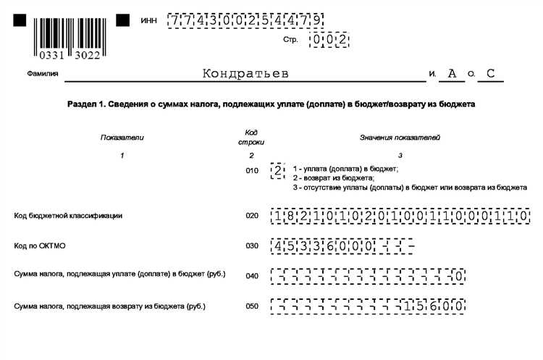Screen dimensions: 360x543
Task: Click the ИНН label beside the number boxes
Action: tap(148, 20)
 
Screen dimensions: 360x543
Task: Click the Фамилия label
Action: tap(43, 74)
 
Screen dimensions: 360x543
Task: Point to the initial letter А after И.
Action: tap(452, 73)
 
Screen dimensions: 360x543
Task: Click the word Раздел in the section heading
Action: tap(83, 105)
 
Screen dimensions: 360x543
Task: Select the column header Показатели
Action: tap(122, 137)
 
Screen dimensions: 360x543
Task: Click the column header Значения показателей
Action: tap(400, 137)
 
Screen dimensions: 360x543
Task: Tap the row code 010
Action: tap(251, 171)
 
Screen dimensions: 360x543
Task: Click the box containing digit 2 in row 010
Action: tap(277, 171)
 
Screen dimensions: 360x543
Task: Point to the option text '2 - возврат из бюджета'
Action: tap(334, 177)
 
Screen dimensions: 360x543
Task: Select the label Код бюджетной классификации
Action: tap(69, 215)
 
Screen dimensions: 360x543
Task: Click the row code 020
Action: tap(251, 215)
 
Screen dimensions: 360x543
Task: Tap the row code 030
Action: tap(251, 246)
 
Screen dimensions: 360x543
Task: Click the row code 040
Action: tap(251, 275)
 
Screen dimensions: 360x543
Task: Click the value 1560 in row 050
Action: tap(434, 306)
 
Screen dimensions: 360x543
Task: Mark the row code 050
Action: tap(251, 306)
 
